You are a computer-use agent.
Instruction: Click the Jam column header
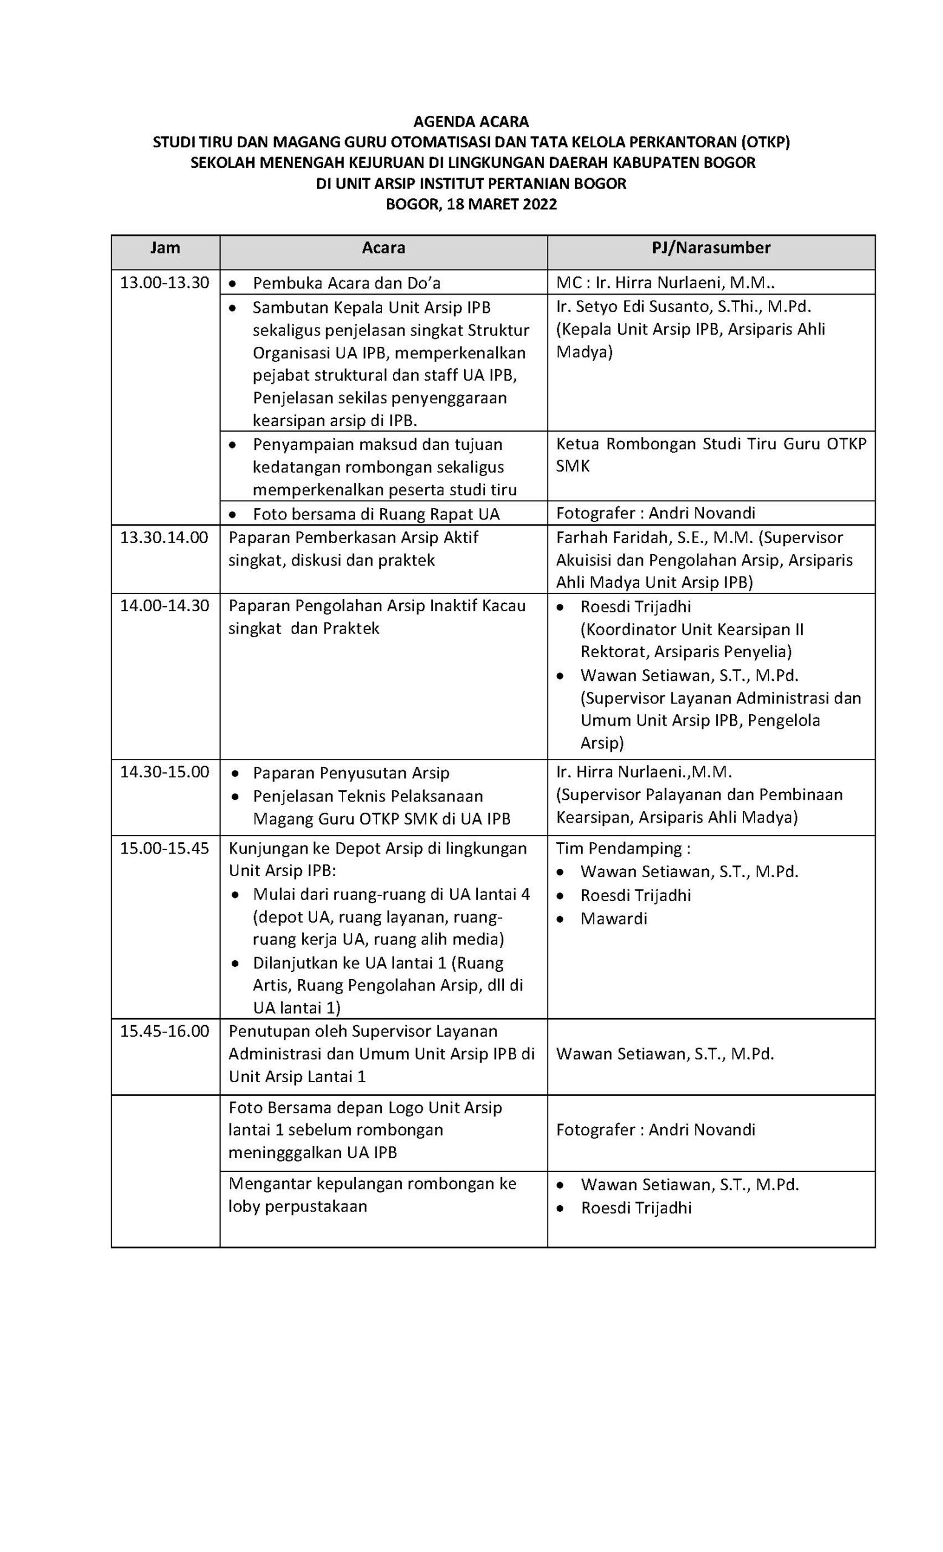pyautogui.click(x=165, y=247)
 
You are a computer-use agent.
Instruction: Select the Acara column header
pyautogui.click(x=383, y=247)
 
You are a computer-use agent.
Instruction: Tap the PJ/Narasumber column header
pyautogui.click(x=711, y=247)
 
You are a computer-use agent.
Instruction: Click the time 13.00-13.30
pyautogui.click(x=164, y=282)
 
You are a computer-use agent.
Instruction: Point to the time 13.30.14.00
pyautogui.click(x=164, y=537)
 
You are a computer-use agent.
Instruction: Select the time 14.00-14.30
pyautogui.click(x=164, y=605)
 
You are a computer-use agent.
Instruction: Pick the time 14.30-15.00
pyautogui.click(x=164, y=772)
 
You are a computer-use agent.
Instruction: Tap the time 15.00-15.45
pyautogui.click(x=164, y=848)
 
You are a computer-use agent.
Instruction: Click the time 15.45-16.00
pyautogui.click(x=164, y=1031)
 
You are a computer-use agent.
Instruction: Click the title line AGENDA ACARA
pyautogui.click(x=471, y=121)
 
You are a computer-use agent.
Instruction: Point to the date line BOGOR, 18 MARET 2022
pyautogui.click(x=471, y=204)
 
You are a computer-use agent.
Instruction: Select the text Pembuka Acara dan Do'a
pyautogui.click(x=346, y=283)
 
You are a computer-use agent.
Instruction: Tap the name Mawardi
pyautogui.click(x=614, y=918)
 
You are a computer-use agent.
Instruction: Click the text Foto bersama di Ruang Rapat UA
pyautogui.click(x=375, y=514)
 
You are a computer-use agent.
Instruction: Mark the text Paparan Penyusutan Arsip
pyautogui.click(x=351, y=773)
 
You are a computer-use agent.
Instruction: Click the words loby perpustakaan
pyautogui.click(x=297, y=1206)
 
